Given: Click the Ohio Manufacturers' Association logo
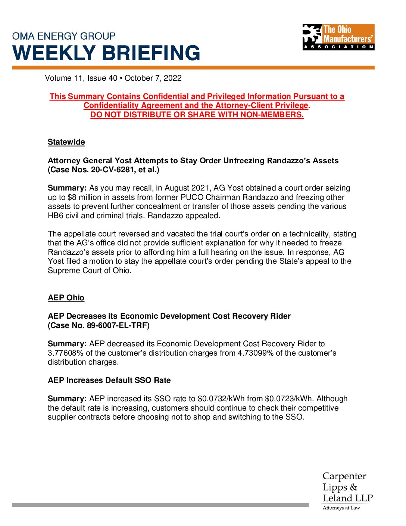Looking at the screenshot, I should tap(338, 37).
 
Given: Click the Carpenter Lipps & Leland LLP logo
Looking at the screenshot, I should tap(347, 487).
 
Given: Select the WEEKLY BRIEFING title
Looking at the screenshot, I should tap(106, 53).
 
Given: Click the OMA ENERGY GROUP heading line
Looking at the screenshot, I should tap(64, 36).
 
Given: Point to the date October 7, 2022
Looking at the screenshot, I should tap(153, 78).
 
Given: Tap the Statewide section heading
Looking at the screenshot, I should tap(66, 142).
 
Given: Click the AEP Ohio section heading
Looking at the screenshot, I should tap(66, 298).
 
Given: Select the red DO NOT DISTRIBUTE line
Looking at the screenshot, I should tap(197, 115).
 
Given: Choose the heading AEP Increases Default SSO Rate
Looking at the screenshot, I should tap(109, 380).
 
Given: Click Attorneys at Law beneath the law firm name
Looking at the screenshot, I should tap(341, 508).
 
